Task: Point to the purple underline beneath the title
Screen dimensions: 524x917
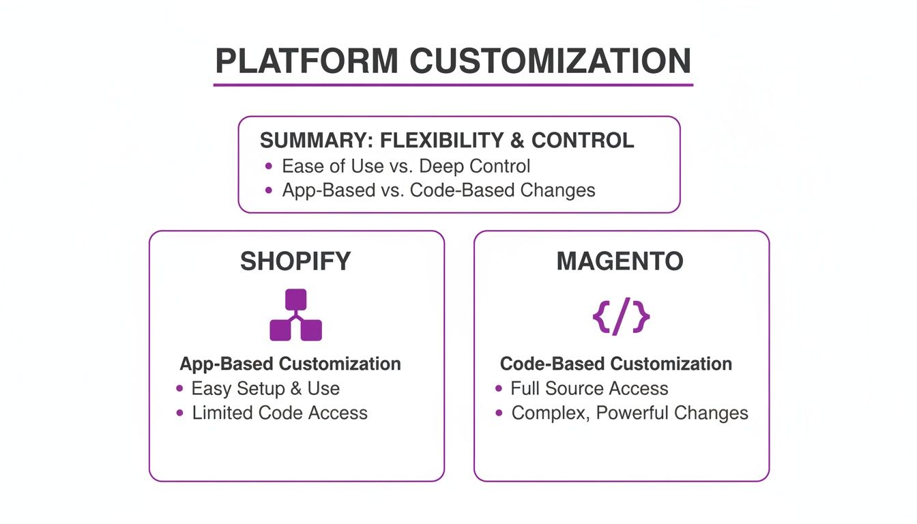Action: (453, 85)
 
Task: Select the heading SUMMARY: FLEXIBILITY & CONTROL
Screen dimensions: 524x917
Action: (447, 141)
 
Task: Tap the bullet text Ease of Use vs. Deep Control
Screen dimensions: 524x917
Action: (405, 166)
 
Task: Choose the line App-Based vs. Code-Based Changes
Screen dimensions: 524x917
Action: (438, 190)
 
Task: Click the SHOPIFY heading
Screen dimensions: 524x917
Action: (295, 261)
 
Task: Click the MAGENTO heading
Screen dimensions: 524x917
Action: (620, 261)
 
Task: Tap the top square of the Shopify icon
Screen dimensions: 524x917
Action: (295, 300)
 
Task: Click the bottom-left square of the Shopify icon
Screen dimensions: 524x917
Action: (280, 330)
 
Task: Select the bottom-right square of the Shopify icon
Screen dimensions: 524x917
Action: (311, 330)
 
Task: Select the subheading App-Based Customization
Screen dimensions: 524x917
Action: (290, 364)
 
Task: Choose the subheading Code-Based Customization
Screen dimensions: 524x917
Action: (615, 364)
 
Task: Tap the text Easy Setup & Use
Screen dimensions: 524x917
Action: (265, 388)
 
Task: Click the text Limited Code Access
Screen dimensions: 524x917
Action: (280, 413)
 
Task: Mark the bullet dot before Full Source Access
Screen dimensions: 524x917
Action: (499, 388)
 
